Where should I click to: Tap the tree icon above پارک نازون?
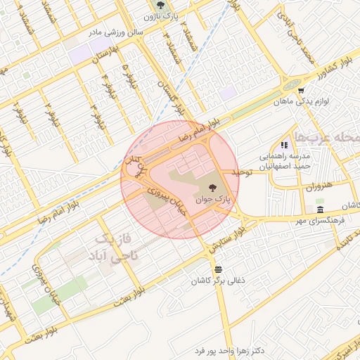click(x=160, y=4)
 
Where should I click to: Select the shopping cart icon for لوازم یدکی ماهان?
click(x=301, y=91)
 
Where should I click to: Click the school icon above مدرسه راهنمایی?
click(x=285, y=144)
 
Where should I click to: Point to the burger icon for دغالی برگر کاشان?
click(x=219, y=269)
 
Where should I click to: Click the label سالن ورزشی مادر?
click(x=115, y=32)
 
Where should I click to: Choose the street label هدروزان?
click(x=317, y=188)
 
